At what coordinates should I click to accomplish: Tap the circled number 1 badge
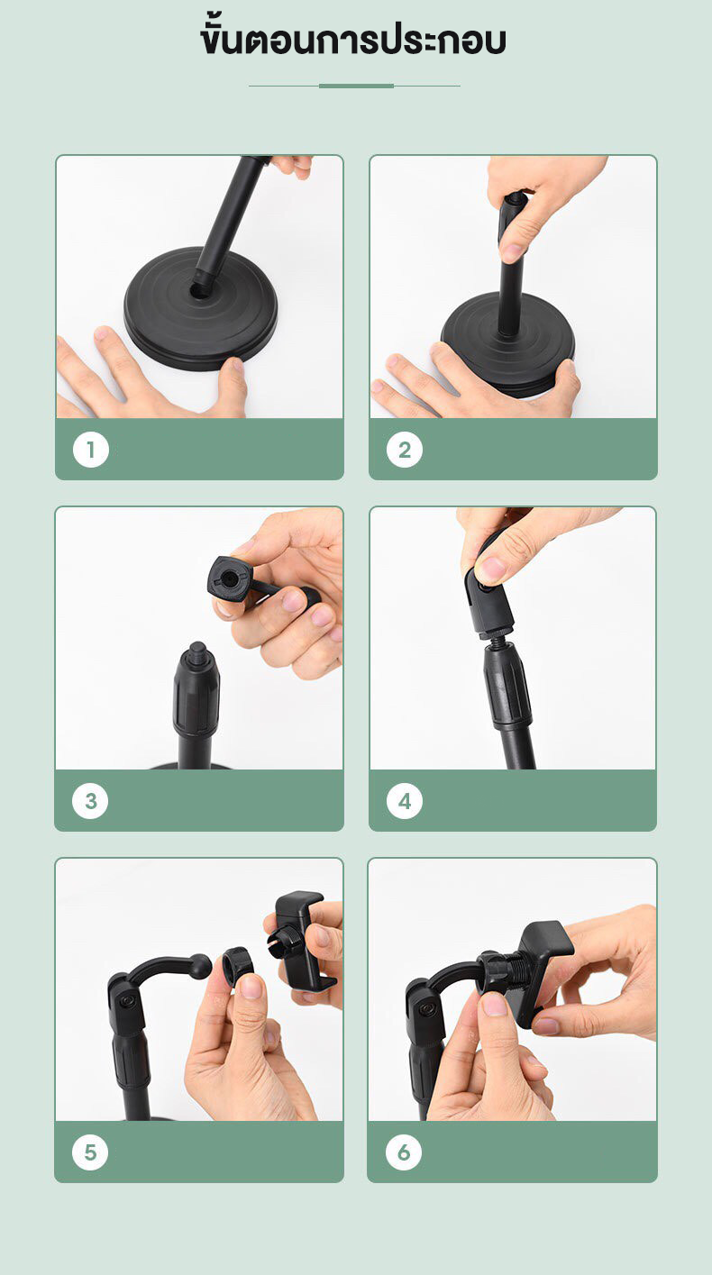pyautogui.click(x=91, y=450)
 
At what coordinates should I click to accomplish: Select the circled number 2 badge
pyautogui.click(x=405, y=450)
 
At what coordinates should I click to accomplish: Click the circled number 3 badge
pyautogui.click(x=90, y=801)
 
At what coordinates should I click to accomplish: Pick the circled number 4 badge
pyautogui.click(x=405, y=801)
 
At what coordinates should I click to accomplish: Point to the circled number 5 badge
pyautogui.click(x=90, y=1152)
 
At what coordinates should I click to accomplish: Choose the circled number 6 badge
pyautogui.click(x=404, y=1152)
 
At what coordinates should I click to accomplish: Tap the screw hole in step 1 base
pyautogui.click(x=199, y=291)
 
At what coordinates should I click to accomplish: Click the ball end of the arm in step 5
pyautogui.click(x=200, y=966)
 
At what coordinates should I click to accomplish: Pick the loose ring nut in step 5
pyautogui.click(x=237, y=967)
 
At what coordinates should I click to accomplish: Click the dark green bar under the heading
pyautogui.click(x=356, y=86)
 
